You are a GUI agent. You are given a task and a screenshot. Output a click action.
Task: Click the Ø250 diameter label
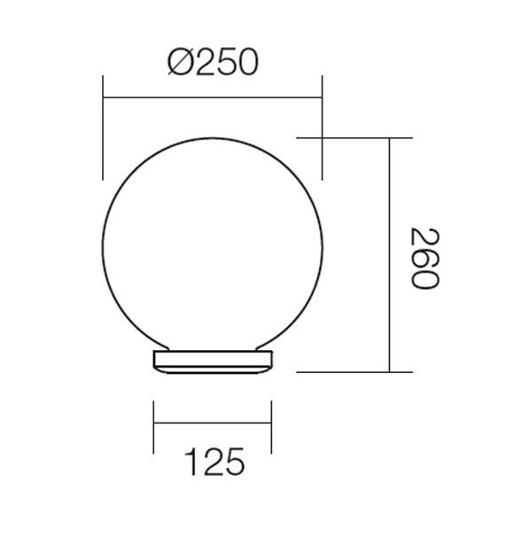tap(213, 62)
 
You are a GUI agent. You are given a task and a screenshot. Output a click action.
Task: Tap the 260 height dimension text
tap(425, 258)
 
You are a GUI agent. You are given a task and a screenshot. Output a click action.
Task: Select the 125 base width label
tap(214, 462)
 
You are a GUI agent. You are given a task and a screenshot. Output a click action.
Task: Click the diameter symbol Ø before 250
tap(181, 62)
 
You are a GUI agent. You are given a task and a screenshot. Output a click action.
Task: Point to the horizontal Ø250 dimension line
tap(213, 97)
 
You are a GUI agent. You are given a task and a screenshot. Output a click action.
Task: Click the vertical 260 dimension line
tap(389, 255)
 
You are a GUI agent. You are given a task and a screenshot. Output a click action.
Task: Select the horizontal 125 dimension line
tap(213, 423)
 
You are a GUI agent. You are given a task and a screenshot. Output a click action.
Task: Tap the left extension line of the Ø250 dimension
tap(103, 128)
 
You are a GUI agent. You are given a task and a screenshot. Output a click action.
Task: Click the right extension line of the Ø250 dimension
tap(323, 128)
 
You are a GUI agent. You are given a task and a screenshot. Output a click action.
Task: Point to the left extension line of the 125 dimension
tap(153, 427)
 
